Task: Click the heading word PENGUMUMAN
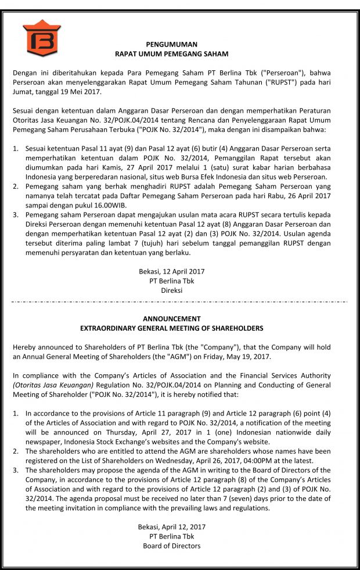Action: pos(171,44)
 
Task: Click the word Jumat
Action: pos(23,92)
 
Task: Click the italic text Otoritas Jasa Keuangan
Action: pos(53,385)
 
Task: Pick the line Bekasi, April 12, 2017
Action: pos(171,527)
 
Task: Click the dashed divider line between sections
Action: pos(180,302)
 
